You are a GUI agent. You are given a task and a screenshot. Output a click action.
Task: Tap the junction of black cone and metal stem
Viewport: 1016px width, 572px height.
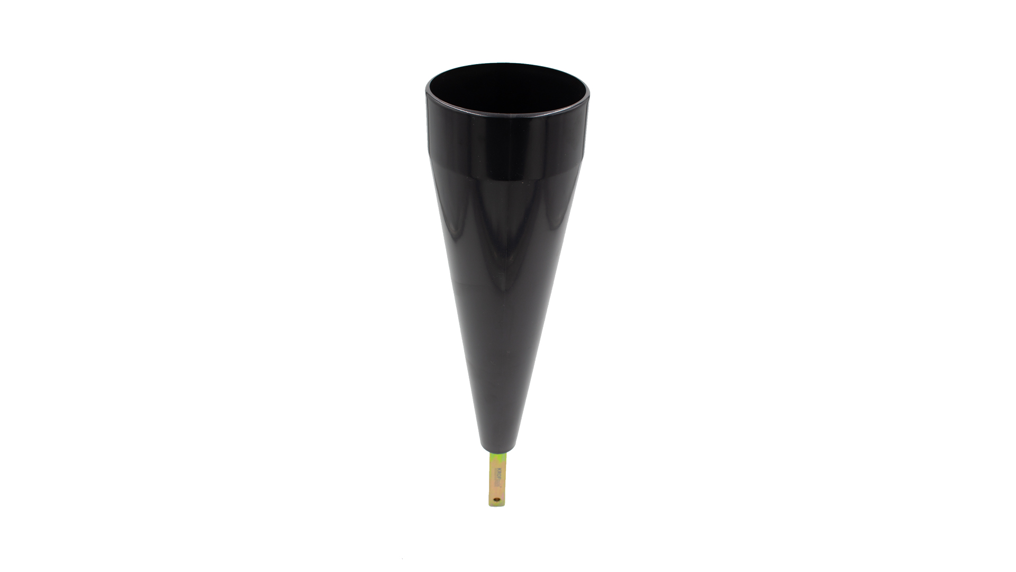[499, 451]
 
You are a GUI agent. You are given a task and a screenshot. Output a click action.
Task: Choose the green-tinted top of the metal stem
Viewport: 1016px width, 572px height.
[498, 457]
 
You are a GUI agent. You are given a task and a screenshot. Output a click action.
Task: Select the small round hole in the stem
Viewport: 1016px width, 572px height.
[496, 499]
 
